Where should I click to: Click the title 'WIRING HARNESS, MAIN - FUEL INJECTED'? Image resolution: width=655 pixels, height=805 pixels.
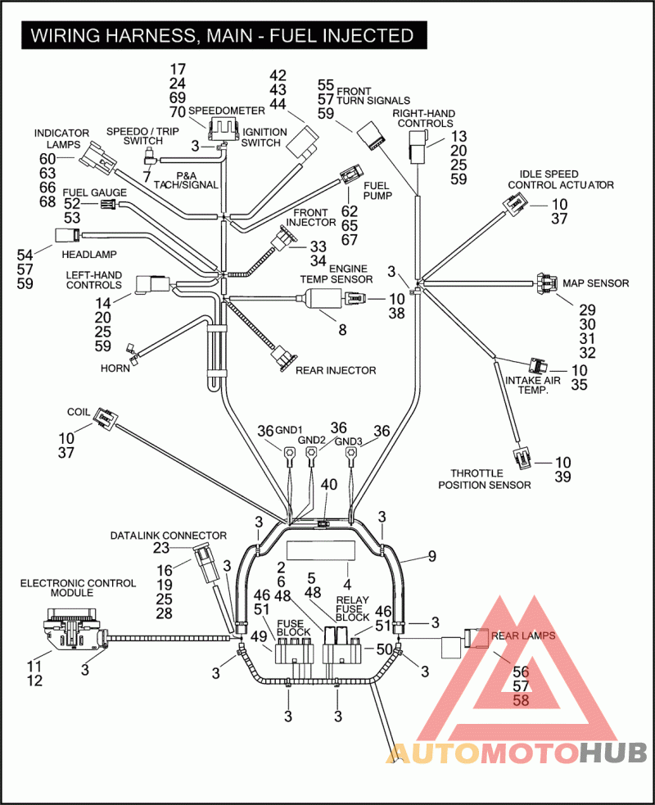pyautogui.click(x=221, y=35)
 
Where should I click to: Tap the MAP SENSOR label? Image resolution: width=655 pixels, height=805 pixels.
pyautogui.click(x=595, y=283)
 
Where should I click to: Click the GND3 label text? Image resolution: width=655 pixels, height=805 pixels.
pyautogui.click(x=349, y=442)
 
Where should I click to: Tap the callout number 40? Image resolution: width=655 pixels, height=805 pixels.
pyautogui.click(x=328, y=485)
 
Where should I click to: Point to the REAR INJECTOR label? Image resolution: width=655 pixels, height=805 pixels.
pyautogui.click(x=336, y=370)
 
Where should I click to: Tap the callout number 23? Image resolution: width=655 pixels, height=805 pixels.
pyautogui.click(x=161, y=549)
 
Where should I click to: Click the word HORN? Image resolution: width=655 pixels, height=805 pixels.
pyautogui.click(x=115, y=369)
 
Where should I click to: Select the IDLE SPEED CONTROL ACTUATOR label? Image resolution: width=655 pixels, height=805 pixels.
pyautogui.click(x=561, y=179)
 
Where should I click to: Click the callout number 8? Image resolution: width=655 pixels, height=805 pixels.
pyautogui.click(x=342, y=331)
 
